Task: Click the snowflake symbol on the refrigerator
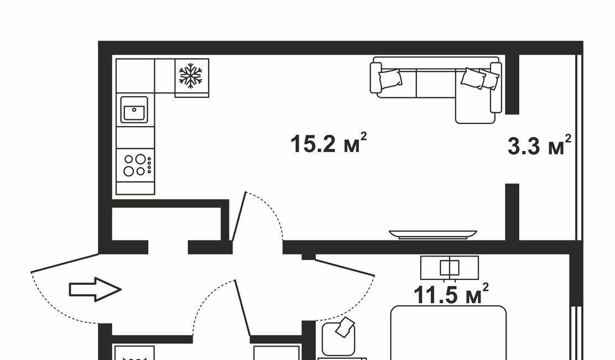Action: click(x=190, y=75)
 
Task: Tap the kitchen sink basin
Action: click(x=134, y=110)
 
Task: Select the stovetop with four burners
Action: click(x=135, y=165)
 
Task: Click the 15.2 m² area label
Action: click(x=329, y=143)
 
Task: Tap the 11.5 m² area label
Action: click(x=451, y=294)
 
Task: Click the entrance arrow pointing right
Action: click(x=95, y=289)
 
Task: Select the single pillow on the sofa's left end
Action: click(x=390, y=80)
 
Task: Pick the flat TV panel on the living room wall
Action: click(x=433, y=234)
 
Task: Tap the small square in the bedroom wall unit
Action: click(x=450, y=268)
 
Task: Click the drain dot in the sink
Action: click(x=134, y=110)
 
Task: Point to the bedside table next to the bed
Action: click(x=338, y=339)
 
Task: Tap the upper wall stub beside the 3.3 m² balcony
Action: click(x=512, y=84)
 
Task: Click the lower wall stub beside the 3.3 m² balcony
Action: click(x=512, y=212)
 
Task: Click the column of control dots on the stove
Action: click(x=149, y=165)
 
